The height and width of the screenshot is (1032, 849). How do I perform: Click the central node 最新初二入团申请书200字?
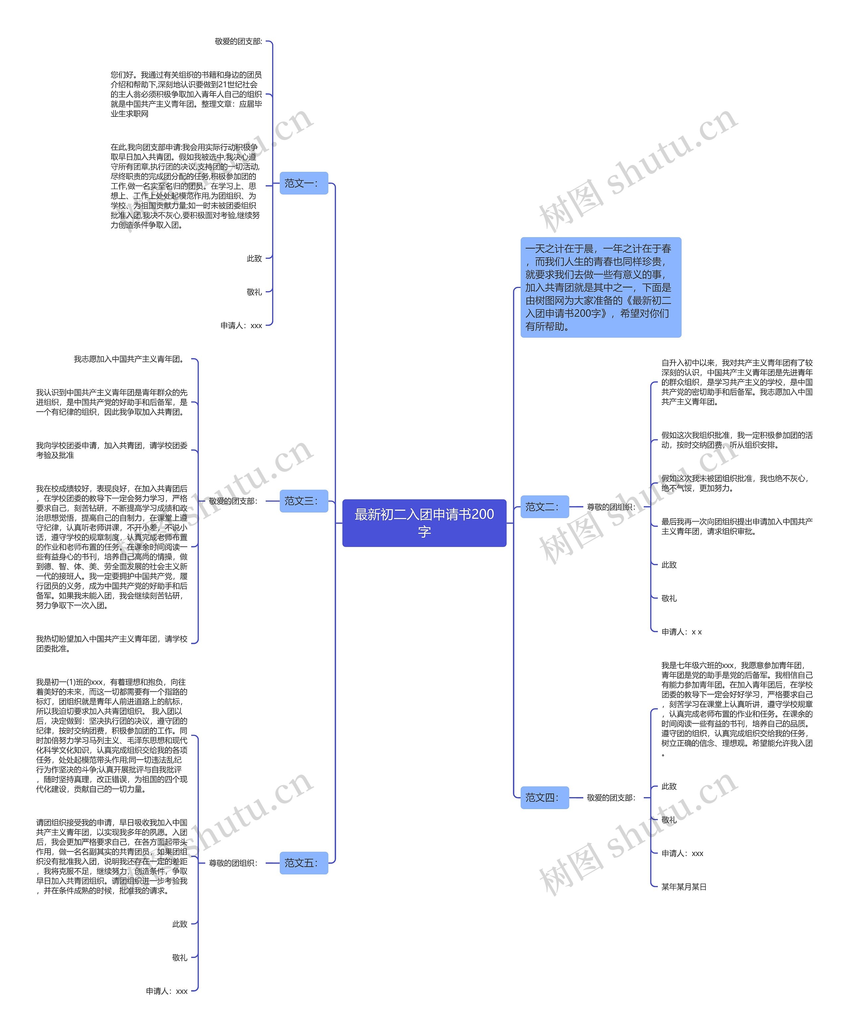point(424,522)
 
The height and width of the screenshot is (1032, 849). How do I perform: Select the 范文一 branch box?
point(303,183)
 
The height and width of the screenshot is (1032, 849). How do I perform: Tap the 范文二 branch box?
point(544,507)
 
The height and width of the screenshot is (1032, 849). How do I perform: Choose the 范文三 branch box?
point(303,501)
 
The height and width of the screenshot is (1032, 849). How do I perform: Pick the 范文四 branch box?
point(544,797)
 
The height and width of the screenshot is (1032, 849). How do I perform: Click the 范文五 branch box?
point(303,863)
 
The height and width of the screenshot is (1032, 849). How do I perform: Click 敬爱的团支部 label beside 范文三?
point(233,501)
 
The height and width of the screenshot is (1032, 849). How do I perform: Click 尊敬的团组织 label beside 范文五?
point(233,863)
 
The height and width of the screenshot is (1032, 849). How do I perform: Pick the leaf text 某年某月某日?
point(684,887)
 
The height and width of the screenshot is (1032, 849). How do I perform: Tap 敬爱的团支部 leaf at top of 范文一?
point(238,41)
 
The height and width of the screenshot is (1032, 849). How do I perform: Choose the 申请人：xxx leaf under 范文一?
point(241,325)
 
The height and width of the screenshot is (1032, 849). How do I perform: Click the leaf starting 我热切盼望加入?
point(111,644)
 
